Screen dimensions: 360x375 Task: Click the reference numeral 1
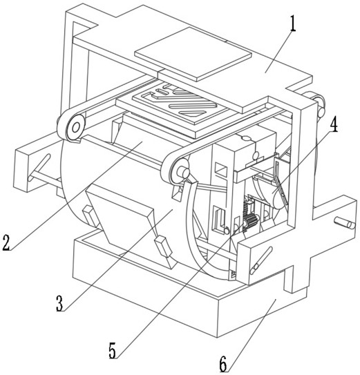pyautogui.click(x=292, y=23)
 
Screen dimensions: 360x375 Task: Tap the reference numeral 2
pyautogui.click(x=6, y=242)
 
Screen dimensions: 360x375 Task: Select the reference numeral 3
pyautogui.click(x=59, y=303)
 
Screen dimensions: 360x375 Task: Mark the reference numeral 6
pyautogui.click(x=223, y=364)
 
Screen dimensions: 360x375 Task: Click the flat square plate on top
pyautogui.click(x=193, y=54)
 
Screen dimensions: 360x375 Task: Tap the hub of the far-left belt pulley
pyautogui.click(x=76, y=128)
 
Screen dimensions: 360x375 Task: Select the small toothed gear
pyautogui.click(x=249, y=221)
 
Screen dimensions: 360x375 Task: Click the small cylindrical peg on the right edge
pyautogui.click(x=344, y=222)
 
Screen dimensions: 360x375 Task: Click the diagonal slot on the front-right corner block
pyautogui.click(x=261, y=260)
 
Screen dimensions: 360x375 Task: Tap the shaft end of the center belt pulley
pyautogui.click(x=185, y=172)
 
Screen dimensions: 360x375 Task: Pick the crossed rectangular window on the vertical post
pyautogui.click(x=221, y=169)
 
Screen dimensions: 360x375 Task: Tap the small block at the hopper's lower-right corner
pyautogui.click(x=164, y=247)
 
